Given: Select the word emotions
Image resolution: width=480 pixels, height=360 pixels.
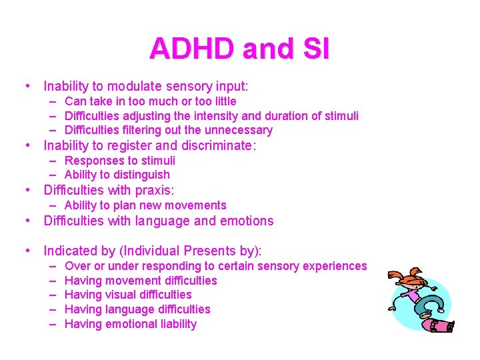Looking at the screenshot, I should click(244, 221).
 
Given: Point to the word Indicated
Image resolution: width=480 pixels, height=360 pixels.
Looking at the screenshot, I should click(71, 251).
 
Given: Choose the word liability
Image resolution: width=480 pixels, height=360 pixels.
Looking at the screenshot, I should click(174, 324).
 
